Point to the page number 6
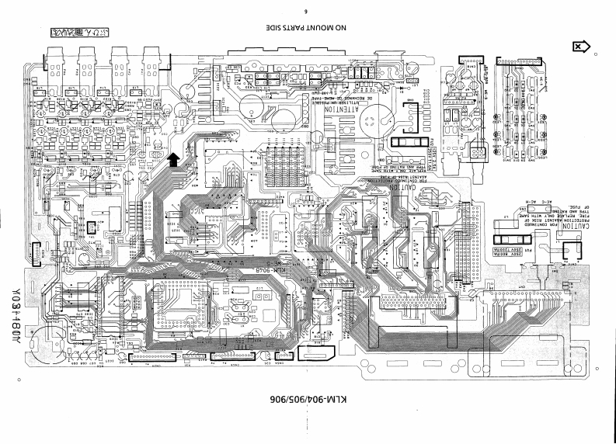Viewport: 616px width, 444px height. coord(308,11)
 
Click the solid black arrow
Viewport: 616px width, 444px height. coord(172,159)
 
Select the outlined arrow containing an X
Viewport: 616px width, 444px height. coord(577,47)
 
